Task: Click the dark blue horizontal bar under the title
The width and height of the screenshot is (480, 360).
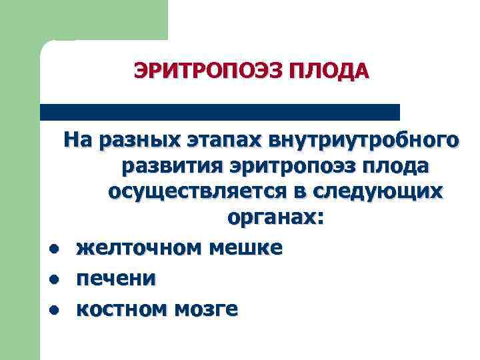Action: [220, 112]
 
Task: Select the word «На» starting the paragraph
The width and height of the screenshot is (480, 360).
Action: [79, 141]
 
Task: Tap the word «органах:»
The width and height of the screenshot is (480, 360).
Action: [275, 218]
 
